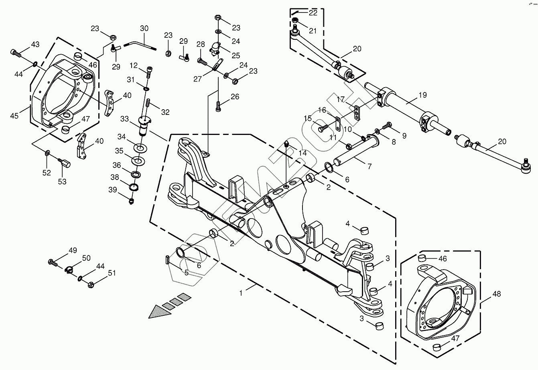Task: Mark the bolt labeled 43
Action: tap(15, 52)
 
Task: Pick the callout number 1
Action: tap(241, 293)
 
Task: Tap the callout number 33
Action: tap(124, 119)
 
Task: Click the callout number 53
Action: tap(62, 182)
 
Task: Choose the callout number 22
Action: tap(313, 12)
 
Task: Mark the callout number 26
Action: tap(235, 96)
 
